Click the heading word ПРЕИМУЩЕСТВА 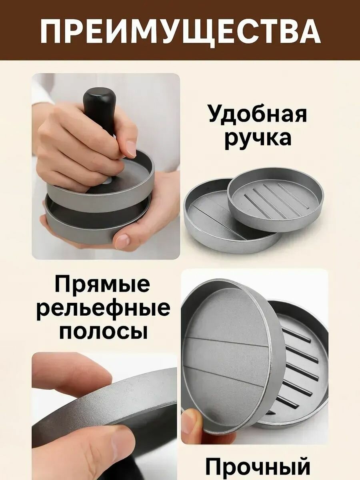click(x=180, y=32)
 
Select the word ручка click(x=258, y=139)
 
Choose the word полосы click(x=103, y=337)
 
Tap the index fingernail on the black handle click(x=131, y=149)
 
